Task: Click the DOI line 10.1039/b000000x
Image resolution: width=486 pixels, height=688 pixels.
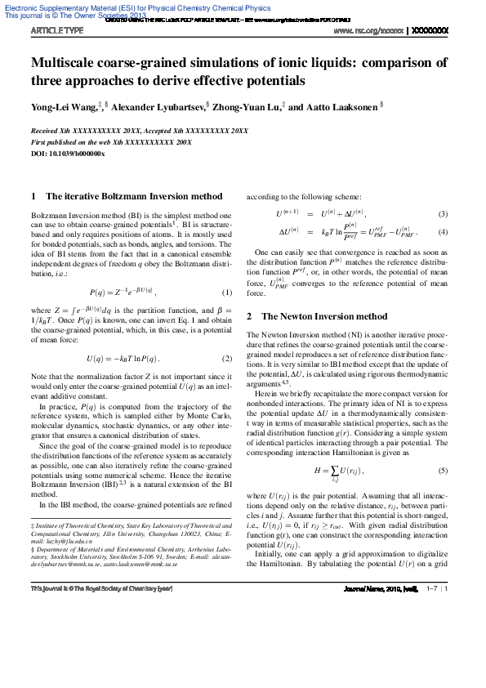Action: [x=68, y=154]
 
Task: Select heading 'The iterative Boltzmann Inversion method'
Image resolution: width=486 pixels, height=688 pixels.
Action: [x=134, y=196]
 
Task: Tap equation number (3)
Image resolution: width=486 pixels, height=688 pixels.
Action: [x=444, y=214]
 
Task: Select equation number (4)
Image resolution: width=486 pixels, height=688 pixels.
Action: [x=444, y=232]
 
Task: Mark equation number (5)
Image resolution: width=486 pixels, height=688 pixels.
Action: [x=444, y=471]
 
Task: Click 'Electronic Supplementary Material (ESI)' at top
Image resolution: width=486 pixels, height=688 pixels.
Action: [x=82, y=7]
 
